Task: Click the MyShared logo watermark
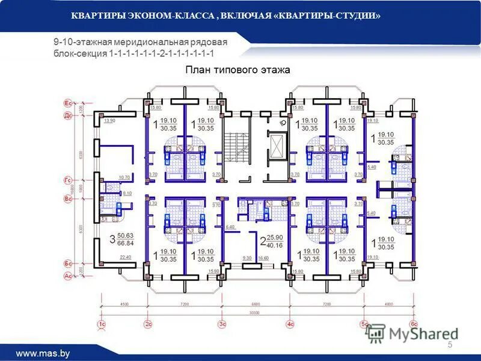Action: pyautogui.click(x=412, y=333)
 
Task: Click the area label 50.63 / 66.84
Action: pyautogui.click(x=125, y=239)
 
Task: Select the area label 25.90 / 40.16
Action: pyautogui.click(x=274, y=241)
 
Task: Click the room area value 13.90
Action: pyautogui.click(x=109, y=121)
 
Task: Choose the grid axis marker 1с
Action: pyautogui.click(x=102, y=324)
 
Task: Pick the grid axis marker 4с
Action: pyautogui.click(x=290, y=324)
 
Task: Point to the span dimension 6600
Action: pyautogui.click(x=256, y=304)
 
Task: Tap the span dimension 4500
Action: pyautogui.click(x=124, y=304)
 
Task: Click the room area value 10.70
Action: pyautogui.click(x=124, y=177)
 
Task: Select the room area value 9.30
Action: pyautogui.click(x=247, y=258)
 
